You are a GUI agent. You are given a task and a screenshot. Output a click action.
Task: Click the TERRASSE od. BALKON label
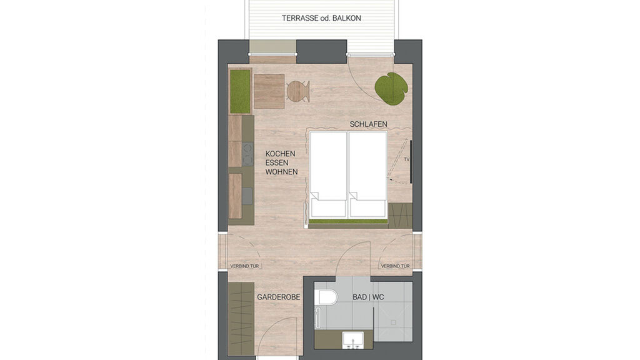click(322, 18)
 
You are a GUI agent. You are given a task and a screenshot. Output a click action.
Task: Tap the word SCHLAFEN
click(368, 124)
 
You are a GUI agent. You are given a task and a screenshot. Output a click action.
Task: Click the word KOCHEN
click(279, 153)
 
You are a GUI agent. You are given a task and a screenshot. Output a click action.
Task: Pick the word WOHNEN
click(281, 172)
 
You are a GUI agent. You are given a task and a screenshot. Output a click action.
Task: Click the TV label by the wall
click(406, 159)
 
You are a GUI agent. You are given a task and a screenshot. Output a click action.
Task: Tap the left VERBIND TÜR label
click(245, 266)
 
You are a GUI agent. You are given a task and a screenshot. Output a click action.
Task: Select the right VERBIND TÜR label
click(395, 266)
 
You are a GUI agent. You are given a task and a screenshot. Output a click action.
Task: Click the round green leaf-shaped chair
click(390, 88)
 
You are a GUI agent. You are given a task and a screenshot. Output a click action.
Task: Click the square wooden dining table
click(269, 91)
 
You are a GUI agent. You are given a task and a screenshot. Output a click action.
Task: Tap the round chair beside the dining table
click(297, 91)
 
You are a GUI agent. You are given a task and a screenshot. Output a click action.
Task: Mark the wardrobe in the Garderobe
click(241, 318)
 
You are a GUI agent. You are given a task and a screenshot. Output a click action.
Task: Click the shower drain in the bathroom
click(394, 323)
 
